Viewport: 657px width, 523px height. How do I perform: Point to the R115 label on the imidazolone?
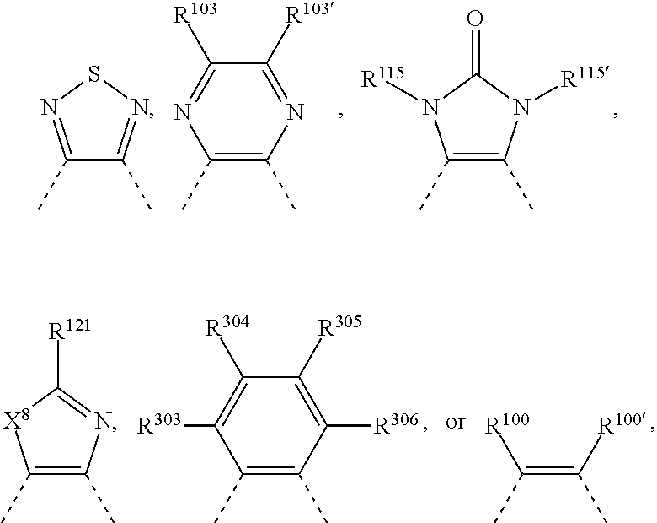pos(382,81)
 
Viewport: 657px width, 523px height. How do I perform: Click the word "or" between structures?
pos(456,423)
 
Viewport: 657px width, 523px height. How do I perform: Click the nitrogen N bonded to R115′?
pos(524,108)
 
